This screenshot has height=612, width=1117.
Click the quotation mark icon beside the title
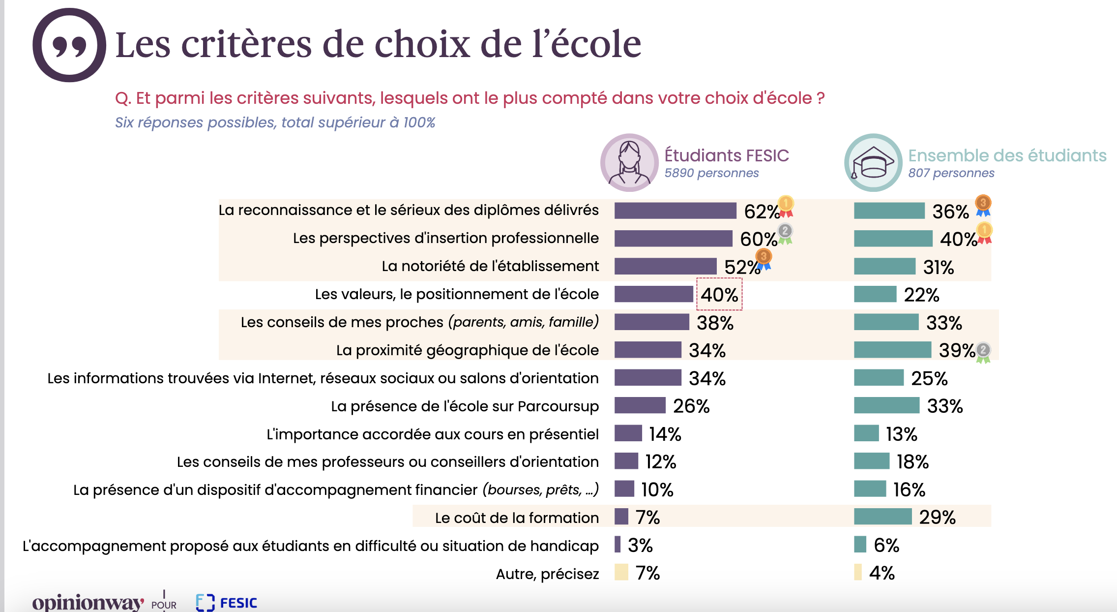click(69, 45)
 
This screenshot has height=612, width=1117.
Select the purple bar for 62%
click(675, 211)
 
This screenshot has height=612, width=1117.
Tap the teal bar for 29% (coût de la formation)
click(882, 517)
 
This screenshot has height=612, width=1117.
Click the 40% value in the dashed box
click(719, 295)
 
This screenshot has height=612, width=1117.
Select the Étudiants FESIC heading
click(726, 155)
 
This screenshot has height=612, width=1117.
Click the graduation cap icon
click(873, 163)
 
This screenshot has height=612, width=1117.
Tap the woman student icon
click(629, 163)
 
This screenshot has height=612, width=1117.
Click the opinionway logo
click(88, 603)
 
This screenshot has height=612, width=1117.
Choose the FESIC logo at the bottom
click(227, 603)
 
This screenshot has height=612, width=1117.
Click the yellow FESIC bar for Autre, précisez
click(621, 572)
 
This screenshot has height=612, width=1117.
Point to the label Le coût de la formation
click(517, 518)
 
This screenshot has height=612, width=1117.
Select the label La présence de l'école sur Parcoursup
click(465, 406)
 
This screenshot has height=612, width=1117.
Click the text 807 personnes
click(951, 173)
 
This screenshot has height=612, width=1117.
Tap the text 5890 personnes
click(711, 173)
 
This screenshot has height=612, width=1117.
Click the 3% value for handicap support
click(640, 545)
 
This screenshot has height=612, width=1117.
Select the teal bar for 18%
click(871, 461)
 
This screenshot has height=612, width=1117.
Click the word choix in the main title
click(422, 44)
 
